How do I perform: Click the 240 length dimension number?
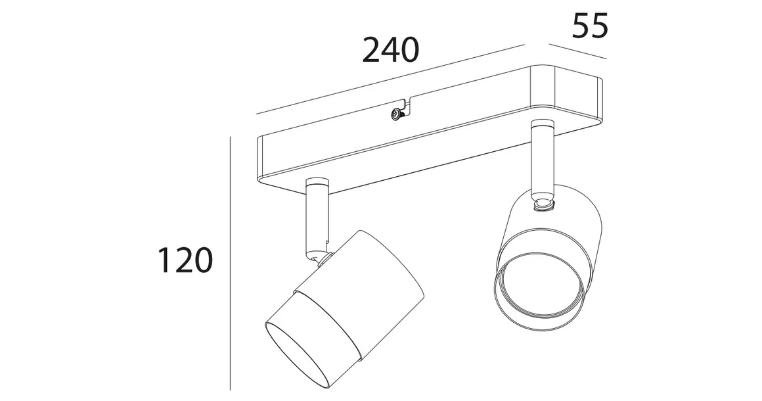[390, 50]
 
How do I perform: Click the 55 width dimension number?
[591, 27]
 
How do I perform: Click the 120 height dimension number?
[185, 261]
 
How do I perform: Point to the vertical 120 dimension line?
[231, 263]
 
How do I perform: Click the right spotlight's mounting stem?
[542, 158]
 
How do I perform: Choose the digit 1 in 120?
[164, 261]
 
